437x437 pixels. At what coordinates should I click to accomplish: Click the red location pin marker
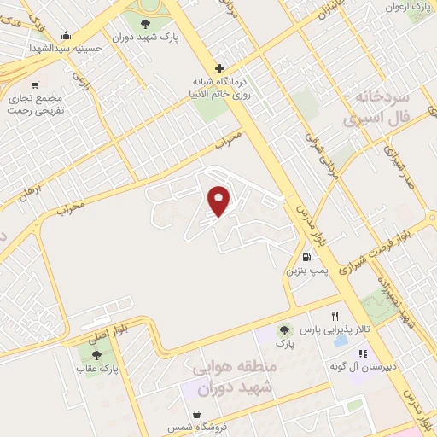(220, 200)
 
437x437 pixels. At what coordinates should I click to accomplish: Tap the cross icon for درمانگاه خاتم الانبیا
(220, 68)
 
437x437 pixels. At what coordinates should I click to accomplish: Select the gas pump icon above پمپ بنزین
(306, 256)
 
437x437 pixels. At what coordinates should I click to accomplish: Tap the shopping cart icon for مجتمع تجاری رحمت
(35, 84)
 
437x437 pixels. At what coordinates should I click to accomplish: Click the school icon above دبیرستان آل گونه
(362, 353)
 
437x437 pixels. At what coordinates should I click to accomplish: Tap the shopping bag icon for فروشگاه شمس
(197, 414)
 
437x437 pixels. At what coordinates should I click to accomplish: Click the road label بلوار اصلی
(112, 325)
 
